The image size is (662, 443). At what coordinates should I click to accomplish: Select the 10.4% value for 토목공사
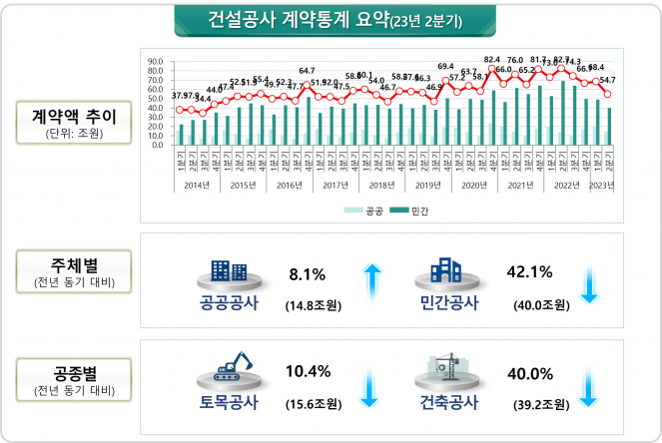308,372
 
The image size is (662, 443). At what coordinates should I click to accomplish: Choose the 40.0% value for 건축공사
531,372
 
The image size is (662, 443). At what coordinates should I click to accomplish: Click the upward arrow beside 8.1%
371,282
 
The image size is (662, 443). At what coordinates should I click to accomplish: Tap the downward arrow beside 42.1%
589,282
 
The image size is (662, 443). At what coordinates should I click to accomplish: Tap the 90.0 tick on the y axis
154,62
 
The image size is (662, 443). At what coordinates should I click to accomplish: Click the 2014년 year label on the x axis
198,186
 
